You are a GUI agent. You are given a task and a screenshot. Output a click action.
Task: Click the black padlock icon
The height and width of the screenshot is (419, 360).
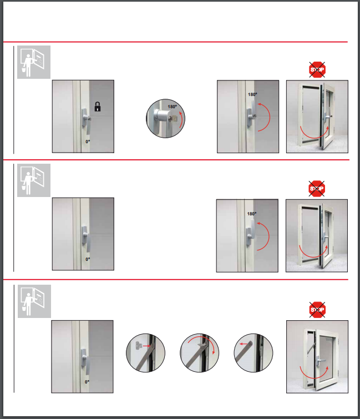pos(98,107)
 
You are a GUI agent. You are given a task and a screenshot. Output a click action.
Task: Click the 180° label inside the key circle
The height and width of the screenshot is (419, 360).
pos(173,107)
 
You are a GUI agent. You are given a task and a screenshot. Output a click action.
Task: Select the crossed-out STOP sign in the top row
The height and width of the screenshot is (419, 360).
pos(317,70)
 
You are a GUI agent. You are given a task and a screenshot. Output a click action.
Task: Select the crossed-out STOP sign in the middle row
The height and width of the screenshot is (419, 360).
pos(317,189)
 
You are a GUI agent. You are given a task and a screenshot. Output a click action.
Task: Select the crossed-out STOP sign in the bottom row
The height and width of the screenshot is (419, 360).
pos(317,310)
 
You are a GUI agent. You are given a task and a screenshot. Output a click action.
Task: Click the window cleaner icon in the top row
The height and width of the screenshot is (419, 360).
pos(34,62)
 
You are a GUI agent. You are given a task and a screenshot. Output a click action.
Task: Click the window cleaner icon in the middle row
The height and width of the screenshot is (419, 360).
pos(34,180)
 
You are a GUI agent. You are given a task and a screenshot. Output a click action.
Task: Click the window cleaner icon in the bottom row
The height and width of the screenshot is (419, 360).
pos(34,301)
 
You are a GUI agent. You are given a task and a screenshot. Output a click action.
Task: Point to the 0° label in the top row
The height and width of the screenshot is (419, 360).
pos(88,142)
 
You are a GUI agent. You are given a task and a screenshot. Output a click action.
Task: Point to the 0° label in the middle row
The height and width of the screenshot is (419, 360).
pos(88,259)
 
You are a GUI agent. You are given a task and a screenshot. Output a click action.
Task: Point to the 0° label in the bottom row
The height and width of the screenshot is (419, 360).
pos(87,382)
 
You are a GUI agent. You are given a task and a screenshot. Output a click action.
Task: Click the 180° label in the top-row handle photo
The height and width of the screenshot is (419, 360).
pos(252,94)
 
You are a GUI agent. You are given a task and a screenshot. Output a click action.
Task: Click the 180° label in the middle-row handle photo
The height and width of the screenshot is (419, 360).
pos(252,214)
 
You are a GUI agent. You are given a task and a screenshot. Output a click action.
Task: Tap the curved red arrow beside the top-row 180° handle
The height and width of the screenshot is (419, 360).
pos(270,117)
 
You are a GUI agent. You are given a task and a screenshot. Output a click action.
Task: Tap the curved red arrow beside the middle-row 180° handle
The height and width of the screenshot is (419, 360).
pos(269,236)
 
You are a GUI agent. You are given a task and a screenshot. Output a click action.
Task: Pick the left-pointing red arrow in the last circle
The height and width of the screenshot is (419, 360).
pos(244,344)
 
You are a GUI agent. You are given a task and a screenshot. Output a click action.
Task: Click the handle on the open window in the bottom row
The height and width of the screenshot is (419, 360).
pos(321,361)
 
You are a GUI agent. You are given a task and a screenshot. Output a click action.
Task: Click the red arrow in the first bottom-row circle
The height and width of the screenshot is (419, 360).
pos(146,346)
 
